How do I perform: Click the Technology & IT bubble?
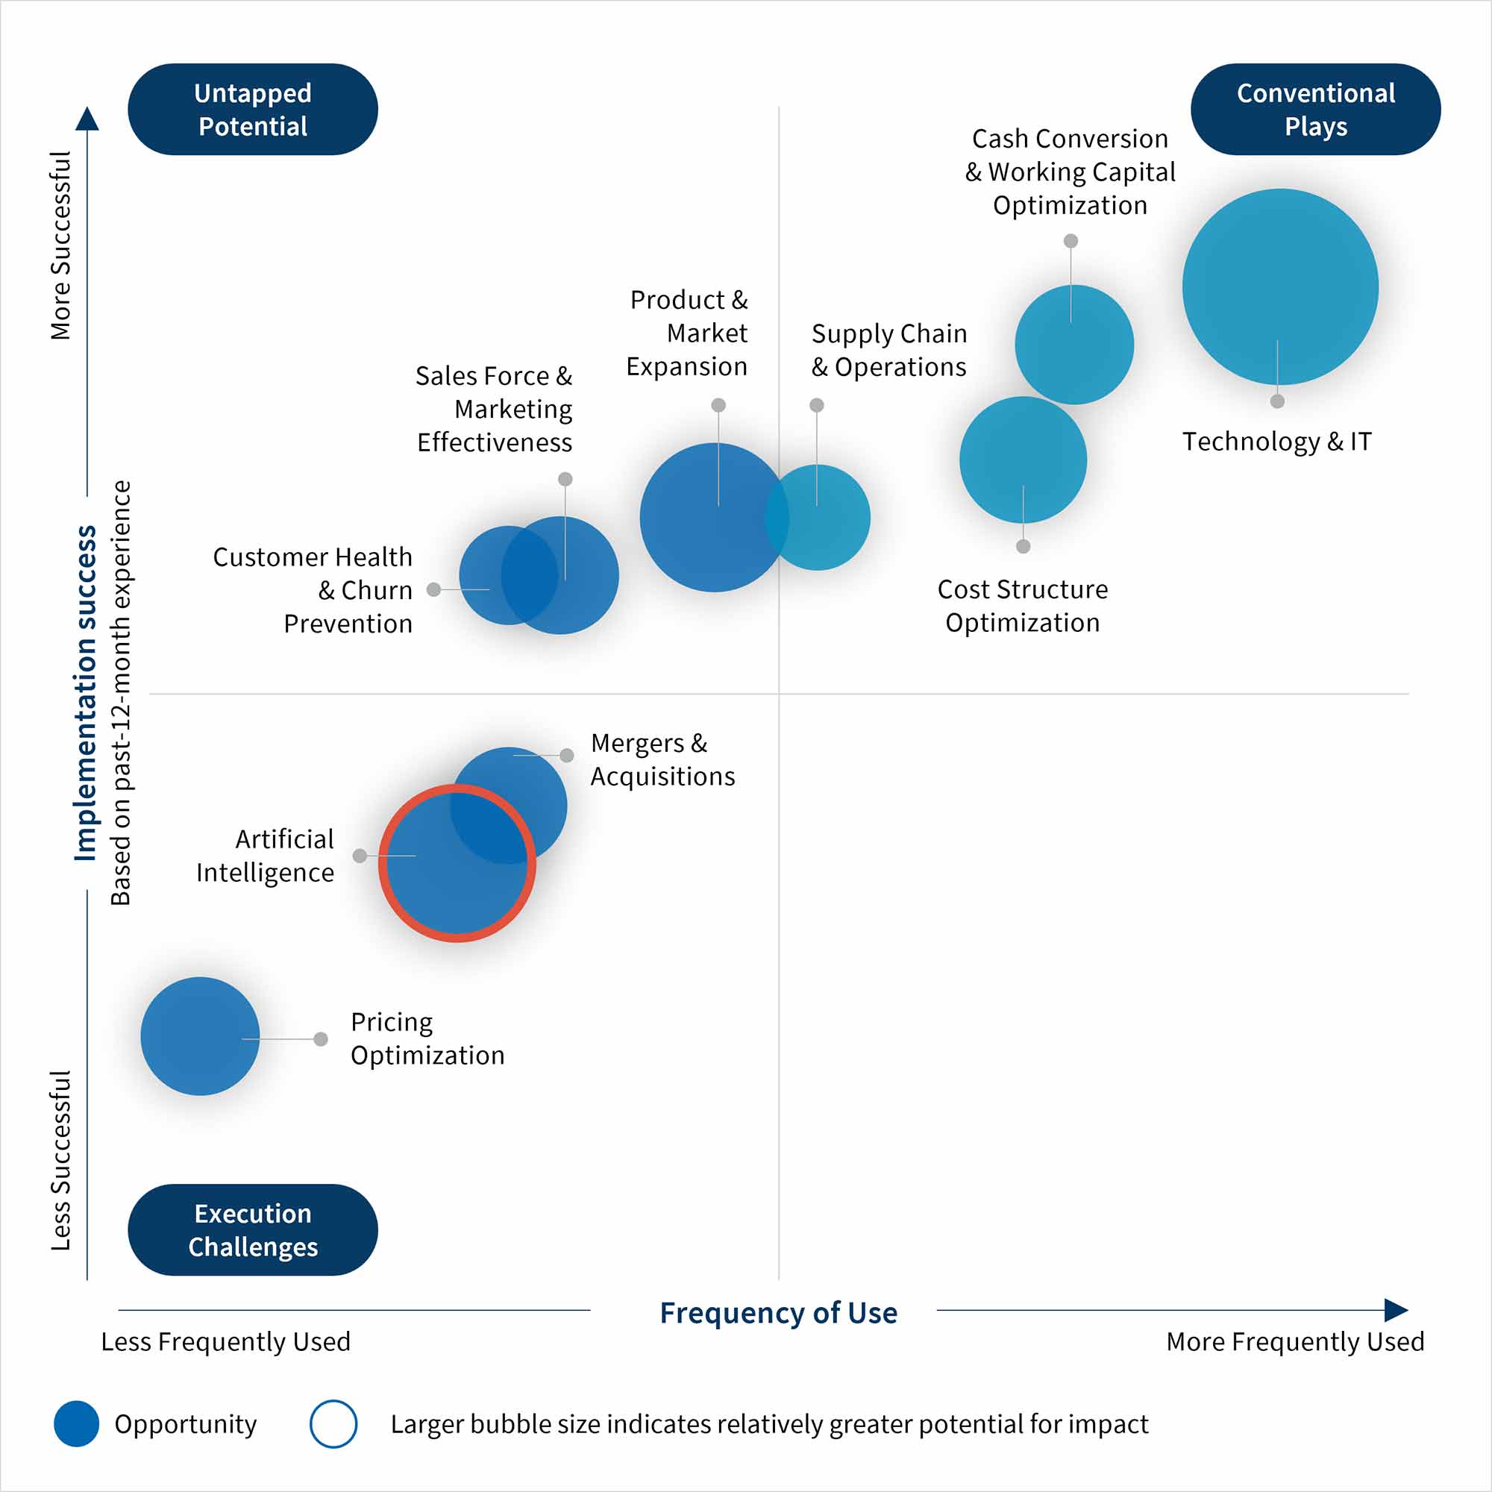coord(1279,286)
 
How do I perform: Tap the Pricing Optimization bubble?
coord(200,1035)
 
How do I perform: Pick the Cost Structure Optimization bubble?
coord(1023,460)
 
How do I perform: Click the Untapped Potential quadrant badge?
coord(253,110)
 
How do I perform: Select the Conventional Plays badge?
coord(1315,110)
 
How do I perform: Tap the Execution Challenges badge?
coord(253,1229)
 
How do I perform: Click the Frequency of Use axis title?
coord(778,1313)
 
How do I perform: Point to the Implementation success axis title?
coord(85,693)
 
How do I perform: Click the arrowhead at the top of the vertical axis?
coord(87,119)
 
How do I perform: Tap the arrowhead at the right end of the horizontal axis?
coord(1396,1310)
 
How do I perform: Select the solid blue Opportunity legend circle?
coord(76,1423)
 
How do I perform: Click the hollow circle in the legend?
coord(333,1423)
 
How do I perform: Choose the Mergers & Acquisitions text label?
coord(662,760)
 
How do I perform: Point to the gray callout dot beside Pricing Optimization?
coord(321,1038)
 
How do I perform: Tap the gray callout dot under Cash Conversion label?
coord(1071,241)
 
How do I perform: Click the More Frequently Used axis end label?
coord(1295,1341)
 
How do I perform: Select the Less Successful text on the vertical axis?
coord(61,1160)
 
